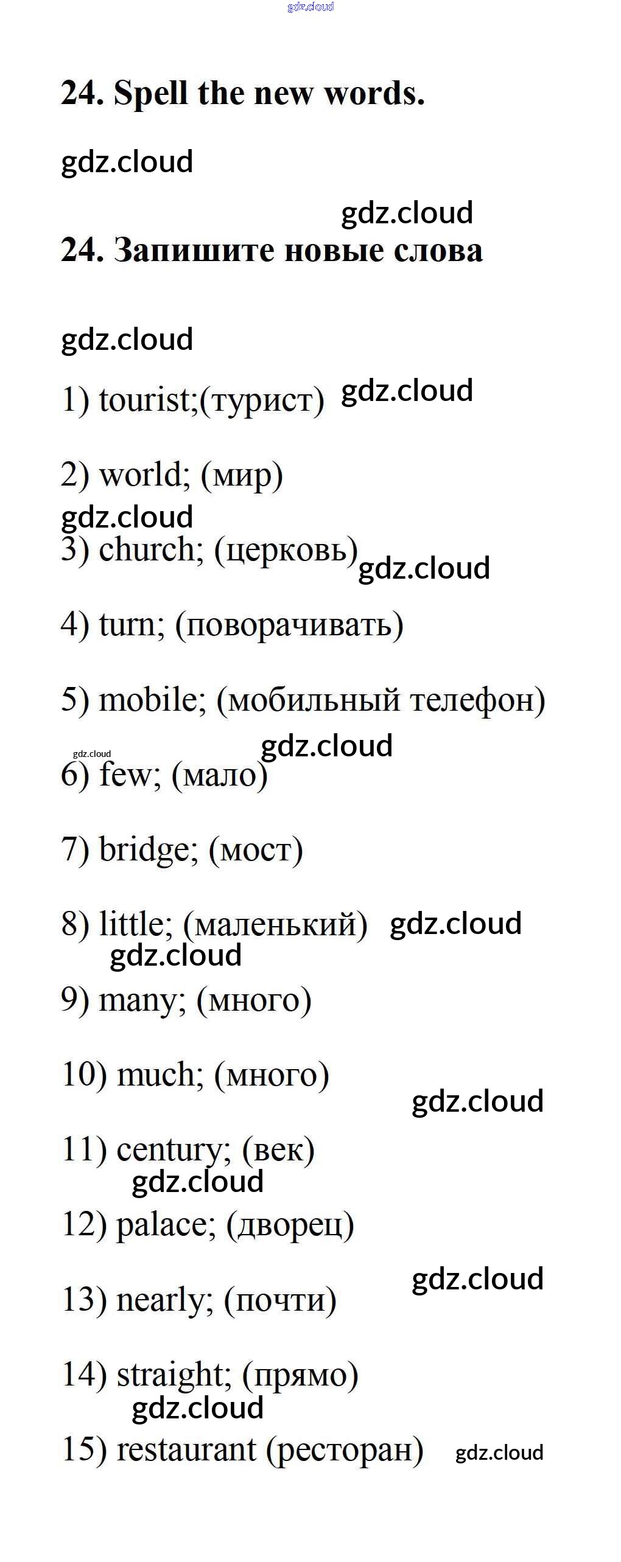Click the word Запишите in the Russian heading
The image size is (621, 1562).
click(x=194, y=251)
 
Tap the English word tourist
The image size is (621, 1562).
click(x=144, y=400)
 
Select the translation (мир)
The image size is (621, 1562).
click(x=242, y=476)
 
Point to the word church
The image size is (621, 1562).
click(x=150, y=549)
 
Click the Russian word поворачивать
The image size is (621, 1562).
click(x=289, y=626)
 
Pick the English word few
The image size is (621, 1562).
click(x=129, y=775)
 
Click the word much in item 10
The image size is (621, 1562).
click(x=160, y=1075)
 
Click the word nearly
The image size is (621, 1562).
click(x=164, y=1300)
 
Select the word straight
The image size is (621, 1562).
click(x=173, y=1375)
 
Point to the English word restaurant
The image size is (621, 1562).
click(x=186, y=1450)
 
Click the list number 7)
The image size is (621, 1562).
click(x=75, y=850)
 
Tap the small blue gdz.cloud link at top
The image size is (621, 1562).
click(x=310, y=7)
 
